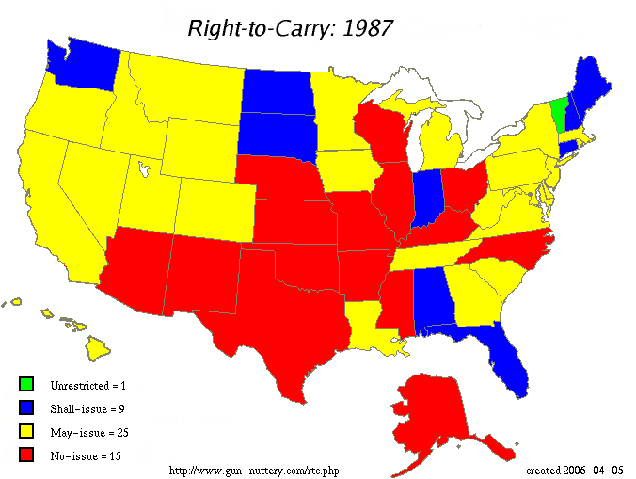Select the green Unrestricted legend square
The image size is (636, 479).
click(25, 384)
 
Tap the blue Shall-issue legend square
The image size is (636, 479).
click(25, 407)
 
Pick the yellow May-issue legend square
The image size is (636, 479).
click(25, 431)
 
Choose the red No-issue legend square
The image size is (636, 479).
click(25, 455)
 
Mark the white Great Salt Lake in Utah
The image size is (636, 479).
click(143, 170)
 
